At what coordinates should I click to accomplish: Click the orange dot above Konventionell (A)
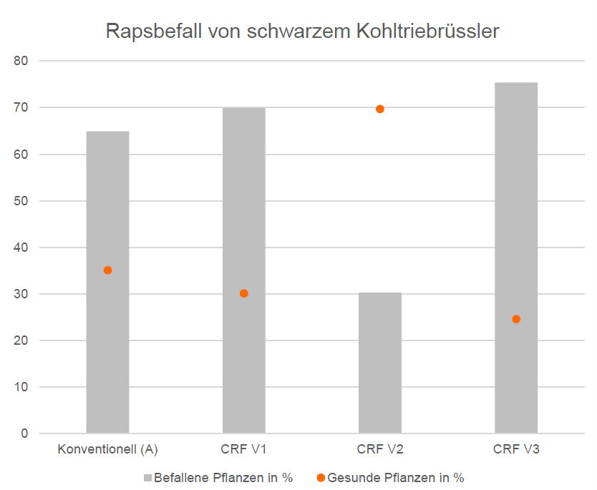[107, 270]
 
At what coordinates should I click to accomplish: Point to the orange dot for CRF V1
[243, 293]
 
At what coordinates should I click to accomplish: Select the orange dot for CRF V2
[379, 109]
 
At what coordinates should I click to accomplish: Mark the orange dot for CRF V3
[515, 319]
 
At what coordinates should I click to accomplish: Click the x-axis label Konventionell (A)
[107, 450]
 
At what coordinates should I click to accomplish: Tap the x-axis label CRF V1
[243, 450]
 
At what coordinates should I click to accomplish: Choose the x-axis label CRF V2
[379, 450]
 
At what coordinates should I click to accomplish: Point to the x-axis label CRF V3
[515, 450]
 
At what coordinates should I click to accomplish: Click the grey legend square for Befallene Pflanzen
[148, 478]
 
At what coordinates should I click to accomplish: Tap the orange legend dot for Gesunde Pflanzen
[320, 478]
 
